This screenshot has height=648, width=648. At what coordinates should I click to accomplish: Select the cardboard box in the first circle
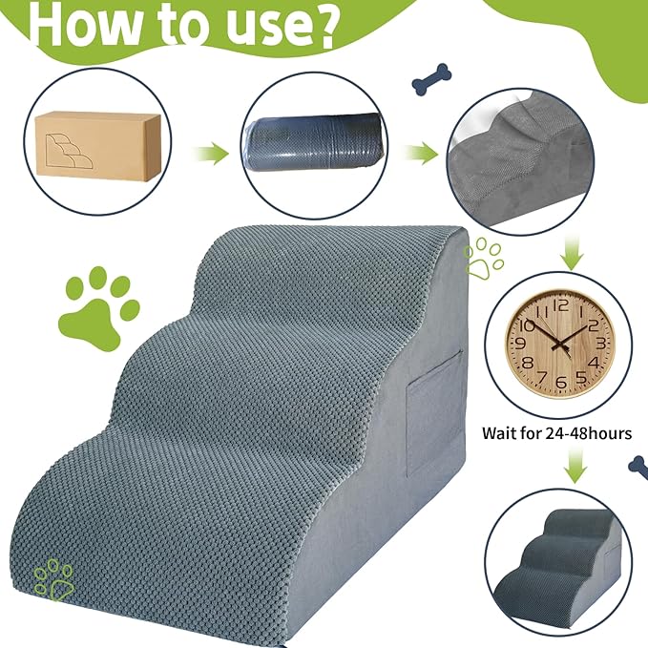pyautogui.click(x=97, y=146)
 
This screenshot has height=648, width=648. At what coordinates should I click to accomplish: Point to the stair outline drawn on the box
pyautogui.click(x=71, y=154)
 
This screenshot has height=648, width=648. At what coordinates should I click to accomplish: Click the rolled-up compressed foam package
pyautogui.click(x=314, y=141)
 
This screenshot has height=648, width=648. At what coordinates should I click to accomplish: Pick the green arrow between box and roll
pyautogui.click(x=210, y=154)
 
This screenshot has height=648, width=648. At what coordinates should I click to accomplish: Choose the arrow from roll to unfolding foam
pyautogui.click(x=421, y=154)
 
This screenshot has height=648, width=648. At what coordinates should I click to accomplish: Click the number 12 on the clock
pyautogui.click(x=560, y=305)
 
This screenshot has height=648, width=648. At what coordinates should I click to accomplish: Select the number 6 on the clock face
pyautogui.click(x=561, y=383)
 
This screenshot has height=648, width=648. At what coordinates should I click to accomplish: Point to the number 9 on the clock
pyautogui.click(x=521, y=344)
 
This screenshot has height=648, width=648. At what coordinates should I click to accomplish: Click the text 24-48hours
pyautogui.click(x=589, y=433)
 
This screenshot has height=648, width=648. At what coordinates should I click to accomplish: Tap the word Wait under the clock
pyautogui.click(x=499, y=433)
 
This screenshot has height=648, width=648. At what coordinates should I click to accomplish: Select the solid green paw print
pyautogui.click(x=98, y=307)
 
